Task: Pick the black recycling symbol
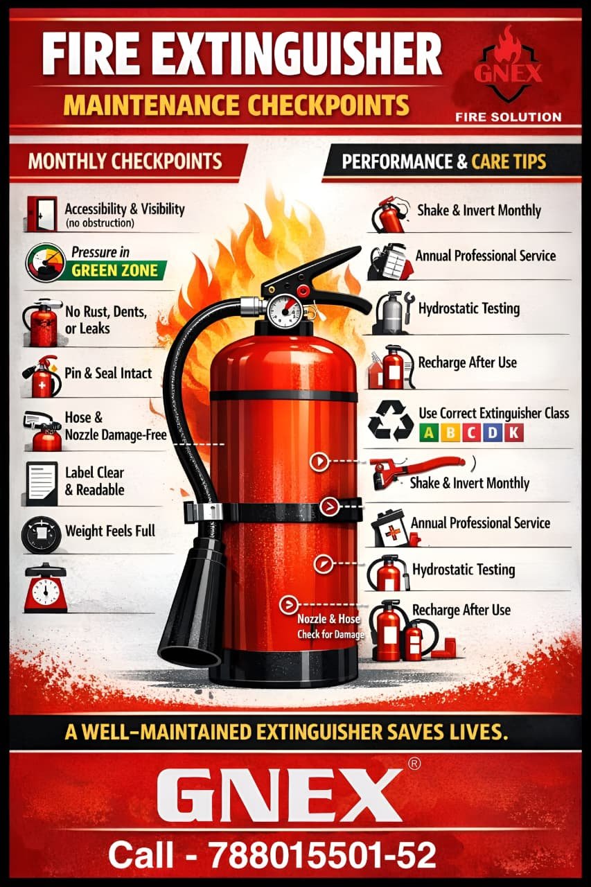pos(391,421)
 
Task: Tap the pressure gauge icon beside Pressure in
pos(46,262)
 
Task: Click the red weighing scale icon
pos(45,588)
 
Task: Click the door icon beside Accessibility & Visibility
pos(42,213)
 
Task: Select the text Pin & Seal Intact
pos(108,374)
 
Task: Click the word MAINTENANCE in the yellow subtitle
pos(151,105)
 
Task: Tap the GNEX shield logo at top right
pos(509,68)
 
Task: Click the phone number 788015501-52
pos(323,854)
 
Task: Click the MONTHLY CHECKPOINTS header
pos(125,161)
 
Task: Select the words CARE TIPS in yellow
pos(509,161)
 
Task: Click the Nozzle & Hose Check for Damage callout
pos(330,626)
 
